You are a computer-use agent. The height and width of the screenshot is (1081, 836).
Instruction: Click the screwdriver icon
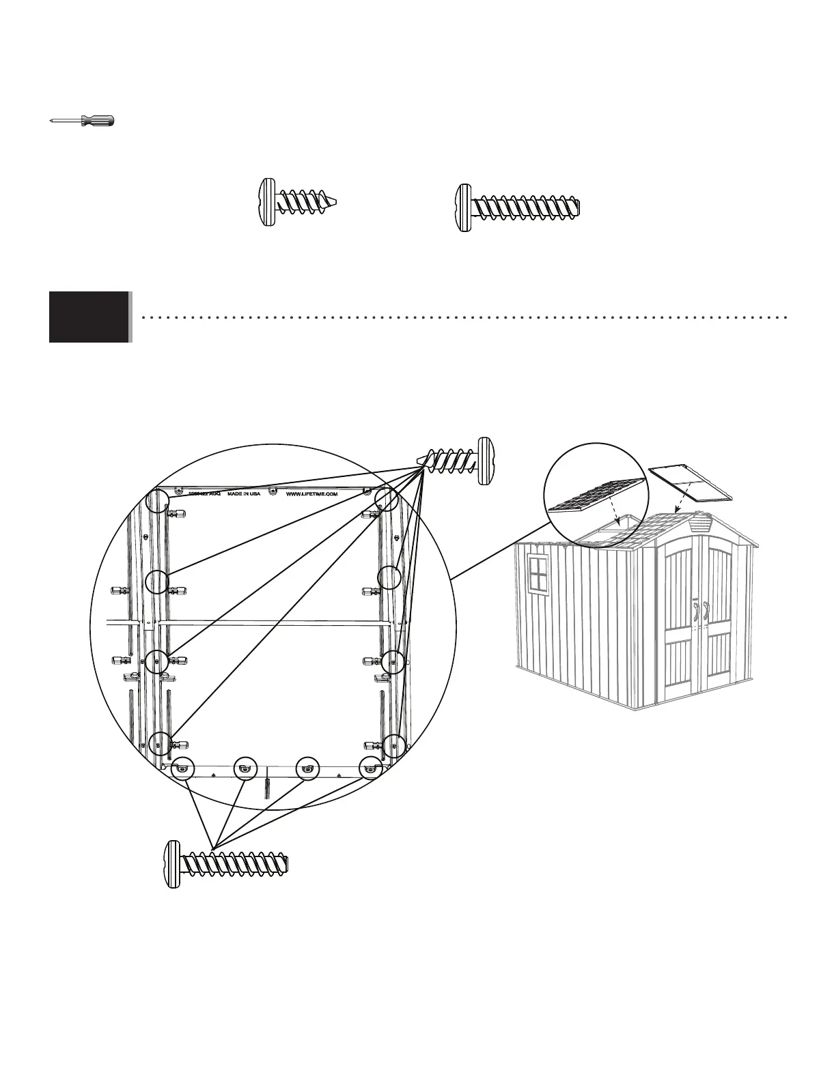82,121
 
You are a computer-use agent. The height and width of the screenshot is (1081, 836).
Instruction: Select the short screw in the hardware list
298,203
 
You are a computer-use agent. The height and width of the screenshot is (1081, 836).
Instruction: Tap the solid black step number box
89,317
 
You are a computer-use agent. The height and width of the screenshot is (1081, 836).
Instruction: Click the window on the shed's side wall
538,574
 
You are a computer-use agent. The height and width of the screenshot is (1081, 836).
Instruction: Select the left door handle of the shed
696,612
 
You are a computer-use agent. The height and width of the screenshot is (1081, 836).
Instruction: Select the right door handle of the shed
707,612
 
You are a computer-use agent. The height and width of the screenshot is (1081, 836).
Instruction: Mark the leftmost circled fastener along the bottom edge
183,768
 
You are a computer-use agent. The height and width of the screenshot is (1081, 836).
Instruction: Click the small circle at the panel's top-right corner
387,500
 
